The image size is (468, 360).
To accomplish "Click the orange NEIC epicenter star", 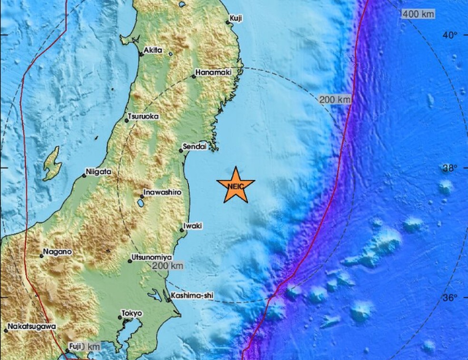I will pos(235,185).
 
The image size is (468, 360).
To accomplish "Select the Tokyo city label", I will pos(132,313).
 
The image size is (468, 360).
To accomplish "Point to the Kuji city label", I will pos(236,19).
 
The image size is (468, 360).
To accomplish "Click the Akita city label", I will pos(153,50).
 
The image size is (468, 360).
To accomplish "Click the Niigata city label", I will pos(99,172).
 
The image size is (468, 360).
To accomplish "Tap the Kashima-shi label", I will pos(192,296).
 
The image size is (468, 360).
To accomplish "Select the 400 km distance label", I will pos(418,14).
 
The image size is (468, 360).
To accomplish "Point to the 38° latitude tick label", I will pos(449,168).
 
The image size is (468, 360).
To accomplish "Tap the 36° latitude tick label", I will pos(449,298).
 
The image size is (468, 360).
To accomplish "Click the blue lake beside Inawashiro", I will pos(140,204).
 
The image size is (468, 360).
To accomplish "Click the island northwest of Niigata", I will pos(52,164).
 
